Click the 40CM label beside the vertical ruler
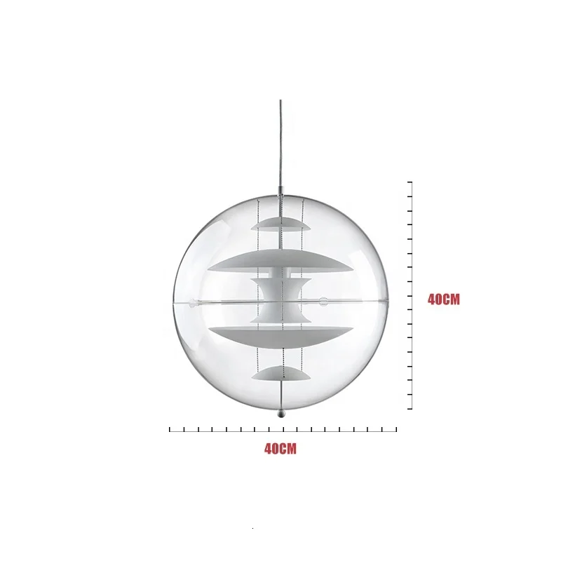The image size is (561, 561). click(444, 299)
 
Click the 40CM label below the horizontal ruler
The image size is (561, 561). click(280, 449)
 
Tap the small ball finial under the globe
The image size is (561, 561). click(282, 414)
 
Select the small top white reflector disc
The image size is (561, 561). click(280, 224)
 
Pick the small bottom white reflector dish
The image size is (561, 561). click(281, 374)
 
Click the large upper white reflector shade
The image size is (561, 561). click(280, 261)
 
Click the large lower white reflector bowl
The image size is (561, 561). click(281, 337)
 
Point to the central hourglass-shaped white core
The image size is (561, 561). click(281, 301)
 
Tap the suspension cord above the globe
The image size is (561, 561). click(280, 143)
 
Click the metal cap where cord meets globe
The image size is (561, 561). click(281, 191)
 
